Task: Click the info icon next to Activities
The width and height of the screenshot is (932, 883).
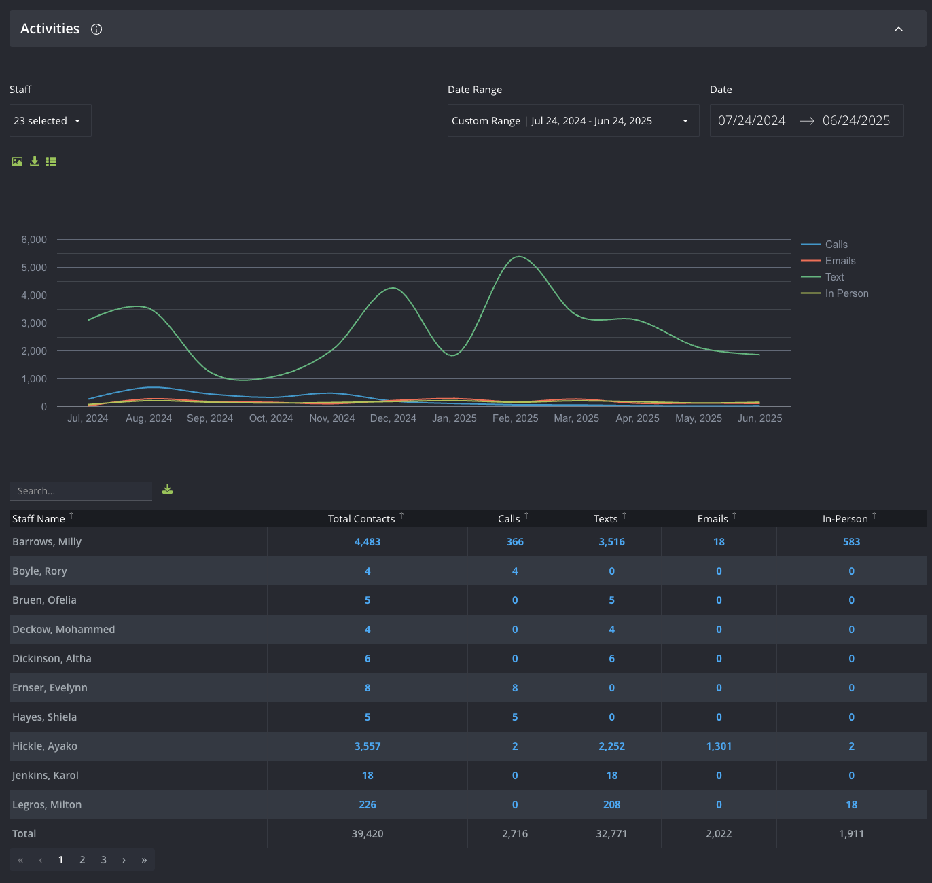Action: (96, 29)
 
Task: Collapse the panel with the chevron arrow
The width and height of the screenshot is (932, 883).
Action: (898, 29)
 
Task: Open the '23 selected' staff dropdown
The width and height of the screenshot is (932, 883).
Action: (50, 120)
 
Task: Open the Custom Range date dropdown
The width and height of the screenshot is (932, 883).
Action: (573, 120)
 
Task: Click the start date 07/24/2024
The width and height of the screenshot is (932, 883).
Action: (751, 120)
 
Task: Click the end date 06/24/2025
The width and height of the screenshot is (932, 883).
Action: (856, 120)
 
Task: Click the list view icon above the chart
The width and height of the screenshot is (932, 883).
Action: (51, 162)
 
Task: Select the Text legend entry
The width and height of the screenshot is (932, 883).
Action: (834, 277)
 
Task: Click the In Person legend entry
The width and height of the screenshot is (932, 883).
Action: (846, 293)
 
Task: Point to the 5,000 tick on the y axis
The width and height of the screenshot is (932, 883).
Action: (34, 268)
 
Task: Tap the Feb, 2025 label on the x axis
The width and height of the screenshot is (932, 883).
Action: (516, 418)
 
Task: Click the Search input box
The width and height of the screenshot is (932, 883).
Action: (81, 491)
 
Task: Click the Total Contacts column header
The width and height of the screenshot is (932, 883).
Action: (361, 519)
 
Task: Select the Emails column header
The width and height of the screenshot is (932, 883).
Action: (713, 519)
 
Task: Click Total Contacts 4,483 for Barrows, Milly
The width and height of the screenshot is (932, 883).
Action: (368, 542)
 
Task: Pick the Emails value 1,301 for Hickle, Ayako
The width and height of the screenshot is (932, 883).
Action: (719, 746)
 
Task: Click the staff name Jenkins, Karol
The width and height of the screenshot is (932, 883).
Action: (46, 776)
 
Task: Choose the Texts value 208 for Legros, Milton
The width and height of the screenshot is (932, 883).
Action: (611, 805)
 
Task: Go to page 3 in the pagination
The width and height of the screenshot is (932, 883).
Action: (103, 860)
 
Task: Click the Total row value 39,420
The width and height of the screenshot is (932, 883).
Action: (368, 833)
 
